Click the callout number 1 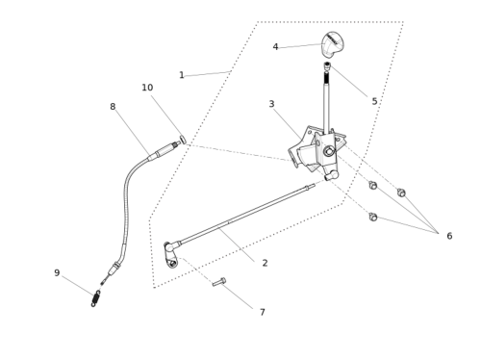[x=182, y=75]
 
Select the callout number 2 [x=265, y=263]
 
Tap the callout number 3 [x=271, y=104]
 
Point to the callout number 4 [x=275, y=47]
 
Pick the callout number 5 [x=374, y=101]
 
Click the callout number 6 [x=449, y=236]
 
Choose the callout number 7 [x=263, y=312]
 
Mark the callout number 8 [x=113, y=107]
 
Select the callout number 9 [x=57, y=272]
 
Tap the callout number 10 [x=147, y=88]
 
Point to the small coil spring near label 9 [x=96, y=298]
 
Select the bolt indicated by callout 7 [x=219, y=282]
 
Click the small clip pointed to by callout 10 [x=183, y=140]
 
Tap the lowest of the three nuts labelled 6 [x=373, y=217]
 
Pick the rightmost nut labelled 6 [x=401, y=193]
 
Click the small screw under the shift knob [x=327, y=65]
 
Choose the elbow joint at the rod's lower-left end [x=171, y=253]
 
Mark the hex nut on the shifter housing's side [x=329, y=151]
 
